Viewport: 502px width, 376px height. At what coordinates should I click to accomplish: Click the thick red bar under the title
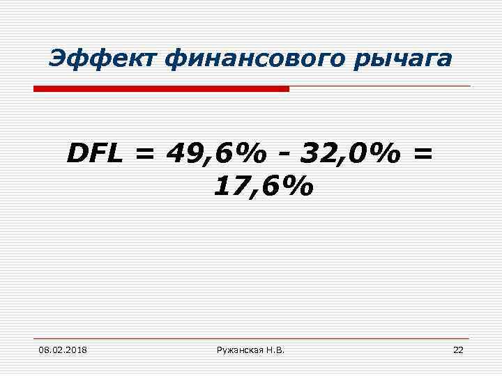point(161,89)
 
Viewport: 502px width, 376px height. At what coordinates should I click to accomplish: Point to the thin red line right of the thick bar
point(380,87)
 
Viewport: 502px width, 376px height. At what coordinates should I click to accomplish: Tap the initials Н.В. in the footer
point(275,349)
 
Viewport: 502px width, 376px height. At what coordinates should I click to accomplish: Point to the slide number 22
point(457,349)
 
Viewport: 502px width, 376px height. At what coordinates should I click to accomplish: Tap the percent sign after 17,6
point(296,186)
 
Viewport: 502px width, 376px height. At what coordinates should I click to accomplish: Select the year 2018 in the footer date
point(82,349)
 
